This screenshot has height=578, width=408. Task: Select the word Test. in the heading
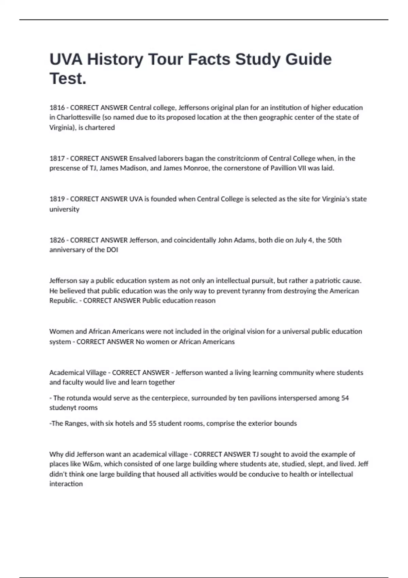(68, 79)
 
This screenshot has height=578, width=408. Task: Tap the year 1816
(57, 108)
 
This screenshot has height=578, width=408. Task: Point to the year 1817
(57, 158)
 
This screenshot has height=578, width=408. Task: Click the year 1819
(57, 199)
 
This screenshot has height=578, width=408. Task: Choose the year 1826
(57, 240)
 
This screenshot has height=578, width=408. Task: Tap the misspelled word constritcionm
(239, 158)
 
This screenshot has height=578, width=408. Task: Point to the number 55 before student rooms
(153, 424)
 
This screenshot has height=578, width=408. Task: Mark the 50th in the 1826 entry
(334, 240)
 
